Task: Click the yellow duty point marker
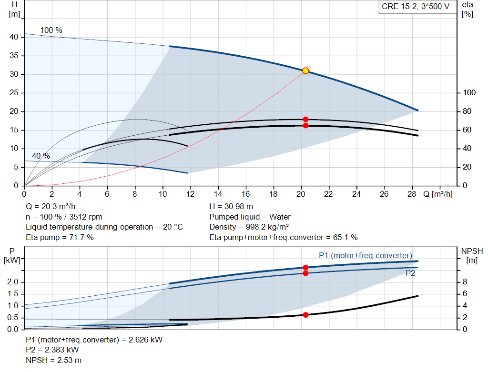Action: click(x=305, y=71)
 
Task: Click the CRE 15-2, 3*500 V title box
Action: click(x=415, y=7)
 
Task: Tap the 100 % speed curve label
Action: click(x=51, y=30)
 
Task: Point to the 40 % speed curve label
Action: click(x=41, y=156)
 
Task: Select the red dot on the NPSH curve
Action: click(x=305, y=315)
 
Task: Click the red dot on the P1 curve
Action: click(x=305, y=268)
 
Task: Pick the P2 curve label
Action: click(x=410, y=273)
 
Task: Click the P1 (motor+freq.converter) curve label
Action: click(x=365, y=255)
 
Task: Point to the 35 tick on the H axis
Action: click(x=14, y=56)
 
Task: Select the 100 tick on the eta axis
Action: click(x=469, y=93)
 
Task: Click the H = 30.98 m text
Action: click(x=231, y=206)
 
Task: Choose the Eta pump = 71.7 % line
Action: click(x=60, y=237)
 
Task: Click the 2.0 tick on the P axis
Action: click(x=13, y=282)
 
